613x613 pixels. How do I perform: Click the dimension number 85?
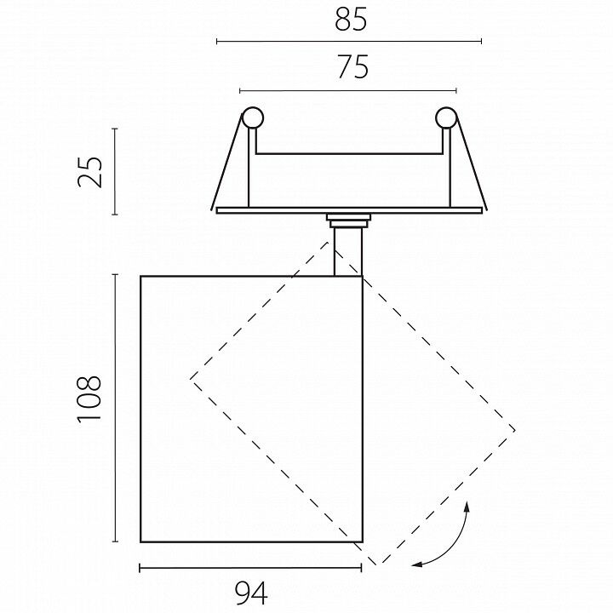coord(351,20)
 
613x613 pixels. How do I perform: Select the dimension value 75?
coord(353,67)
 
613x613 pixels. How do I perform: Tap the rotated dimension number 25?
coord(89,172)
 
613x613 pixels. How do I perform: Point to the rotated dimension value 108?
coord(89,399)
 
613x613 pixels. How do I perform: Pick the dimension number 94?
coord(251,593)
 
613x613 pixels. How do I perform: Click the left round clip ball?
coord(253,117)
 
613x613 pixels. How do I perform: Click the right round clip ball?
coord(446,117)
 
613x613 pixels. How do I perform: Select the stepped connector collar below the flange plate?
coord(349,221)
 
